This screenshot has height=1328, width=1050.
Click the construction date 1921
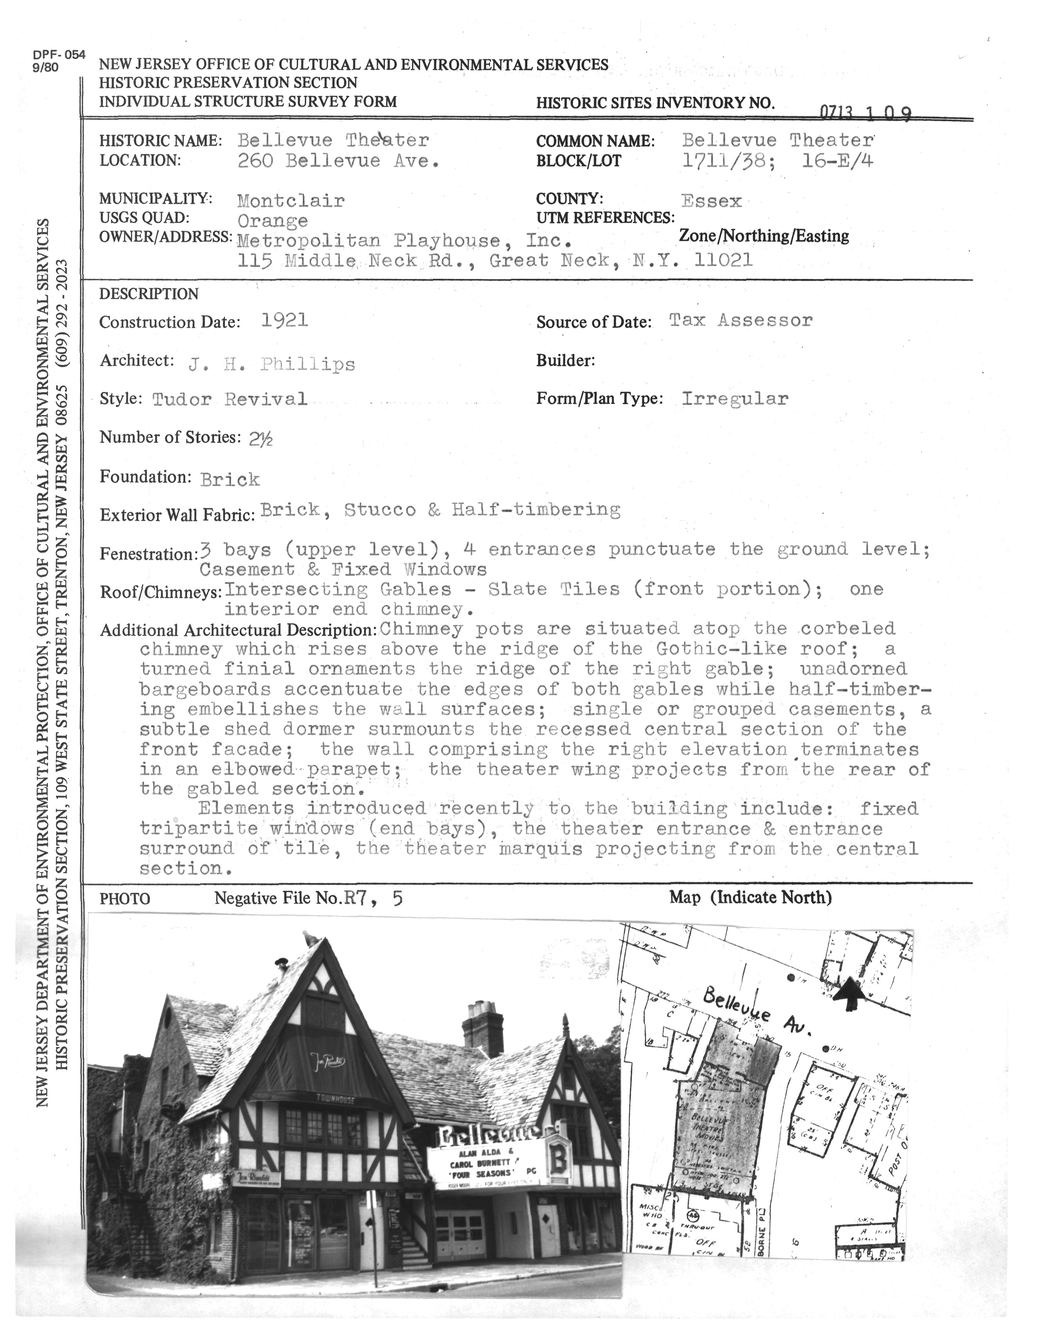tap(284, 320)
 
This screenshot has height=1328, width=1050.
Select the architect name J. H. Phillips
tap(271, 364)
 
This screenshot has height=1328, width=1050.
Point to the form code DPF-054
tap(59, 55)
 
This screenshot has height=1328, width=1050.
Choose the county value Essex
tap(711, 201)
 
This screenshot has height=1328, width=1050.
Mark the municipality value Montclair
tap(291, 200)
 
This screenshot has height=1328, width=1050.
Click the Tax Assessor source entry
tap(740, 320)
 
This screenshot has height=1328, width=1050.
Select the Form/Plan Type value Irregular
tap(734, 398)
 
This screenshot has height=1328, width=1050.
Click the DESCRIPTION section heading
tap(149, 294)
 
